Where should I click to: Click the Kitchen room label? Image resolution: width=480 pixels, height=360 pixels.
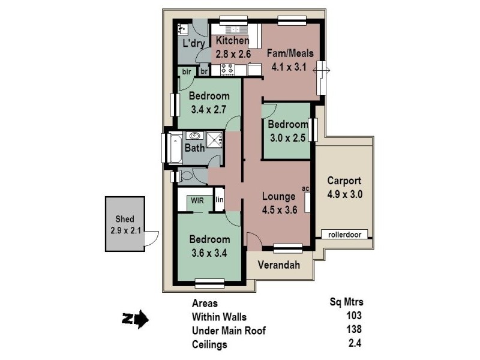(x=232, y=41)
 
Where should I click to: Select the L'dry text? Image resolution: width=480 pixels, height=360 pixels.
(x=194, y=43)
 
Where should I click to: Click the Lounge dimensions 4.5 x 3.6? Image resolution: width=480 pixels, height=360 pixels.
(x=280, y=209)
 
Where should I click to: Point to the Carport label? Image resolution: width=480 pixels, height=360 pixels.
(x=344, y=181)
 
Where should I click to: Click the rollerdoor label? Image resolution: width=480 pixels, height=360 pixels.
(x=345, y=235)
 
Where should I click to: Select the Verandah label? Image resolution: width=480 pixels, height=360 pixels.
(x=280, y=265)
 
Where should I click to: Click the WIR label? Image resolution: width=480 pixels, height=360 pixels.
(x=198, y=200)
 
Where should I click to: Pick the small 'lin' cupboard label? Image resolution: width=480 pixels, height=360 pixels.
(x=220, y=200)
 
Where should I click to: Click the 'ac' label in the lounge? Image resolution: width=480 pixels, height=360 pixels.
(x=305, y=188)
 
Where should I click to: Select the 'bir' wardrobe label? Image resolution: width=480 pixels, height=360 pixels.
(x=186, y=71)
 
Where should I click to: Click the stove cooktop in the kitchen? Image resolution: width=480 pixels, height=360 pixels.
(x=228, y=70)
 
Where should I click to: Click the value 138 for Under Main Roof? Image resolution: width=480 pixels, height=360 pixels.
(x=355, y=330)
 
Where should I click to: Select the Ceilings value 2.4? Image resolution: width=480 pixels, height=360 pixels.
(x=355, y=344)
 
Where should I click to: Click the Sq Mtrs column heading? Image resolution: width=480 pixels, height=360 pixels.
(x=347, y=302)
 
